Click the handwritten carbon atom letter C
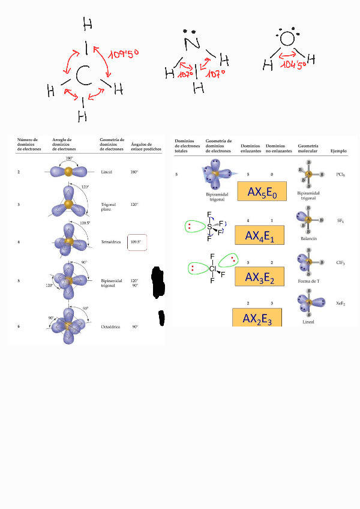[x=83, y=76]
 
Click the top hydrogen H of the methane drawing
[x=88, y=25]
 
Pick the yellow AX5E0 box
[x=259, y=192]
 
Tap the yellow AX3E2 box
[x=260, y=276]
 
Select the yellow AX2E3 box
[x=257, y=318]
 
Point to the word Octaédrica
[x=111, y=327]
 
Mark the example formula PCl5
[x=340, y=175]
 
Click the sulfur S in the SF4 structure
[x=209, y=227]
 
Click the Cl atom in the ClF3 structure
[x=212, y=269]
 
